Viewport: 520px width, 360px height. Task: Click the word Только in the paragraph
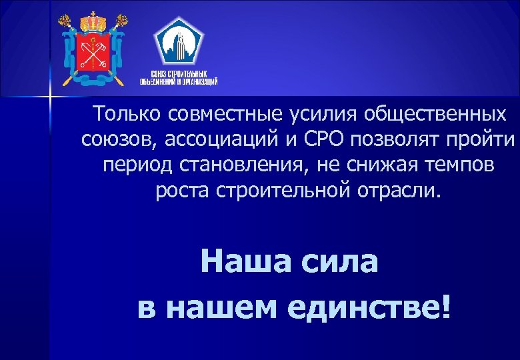coord(129,114)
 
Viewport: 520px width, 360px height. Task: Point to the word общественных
coord(434,115)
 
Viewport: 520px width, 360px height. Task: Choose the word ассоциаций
coord(218,140)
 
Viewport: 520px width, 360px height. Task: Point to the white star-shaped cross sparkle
coord(49,99)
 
